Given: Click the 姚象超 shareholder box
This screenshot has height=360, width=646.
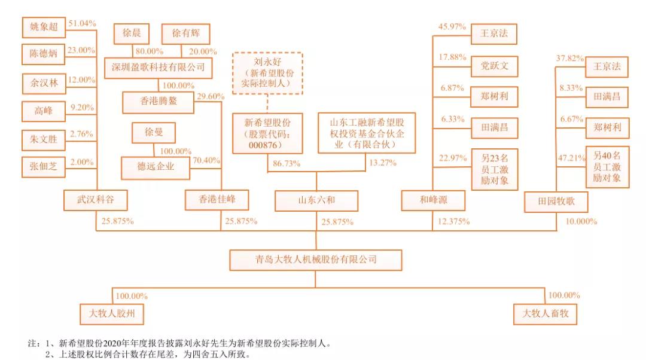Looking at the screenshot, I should [44, 26].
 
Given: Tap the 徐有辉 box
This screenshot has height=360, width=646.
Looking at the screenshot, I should [186, 33].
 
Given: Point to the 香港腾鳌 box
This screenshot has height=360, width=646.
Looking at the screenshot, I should [159, 102].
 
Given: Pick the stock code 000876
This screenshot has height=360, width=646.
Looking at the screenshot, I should [267, 145].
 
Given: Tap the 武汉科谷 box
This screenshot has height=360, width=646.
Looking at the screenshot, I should [96, 200].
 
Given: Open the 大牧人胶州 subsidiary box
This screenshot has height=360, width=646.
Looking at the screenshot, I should [112, 313].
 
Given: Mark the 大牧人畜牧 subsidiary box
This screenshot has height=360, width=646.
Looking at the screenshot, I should [545, 313].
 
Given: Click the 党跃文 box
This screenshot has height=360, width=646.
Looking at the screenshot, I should [494, 66].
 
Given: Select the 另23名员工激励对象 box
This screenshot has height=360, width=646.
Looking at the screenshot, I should [494, 169].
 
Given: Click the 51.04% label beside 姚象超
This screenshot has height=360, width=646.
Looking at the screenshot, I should [83, 23].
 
